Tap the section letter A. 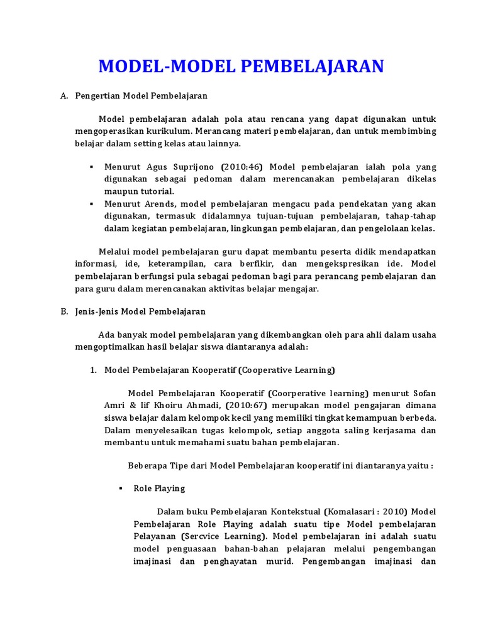[x=64, y=96]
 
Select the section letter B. [x=64, y=311]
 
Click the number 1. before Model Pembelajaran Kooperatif [x=92, y=370]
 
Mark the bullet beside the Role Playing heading [x=121, y=488]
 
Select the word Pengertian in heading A [x=97, y=96]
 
